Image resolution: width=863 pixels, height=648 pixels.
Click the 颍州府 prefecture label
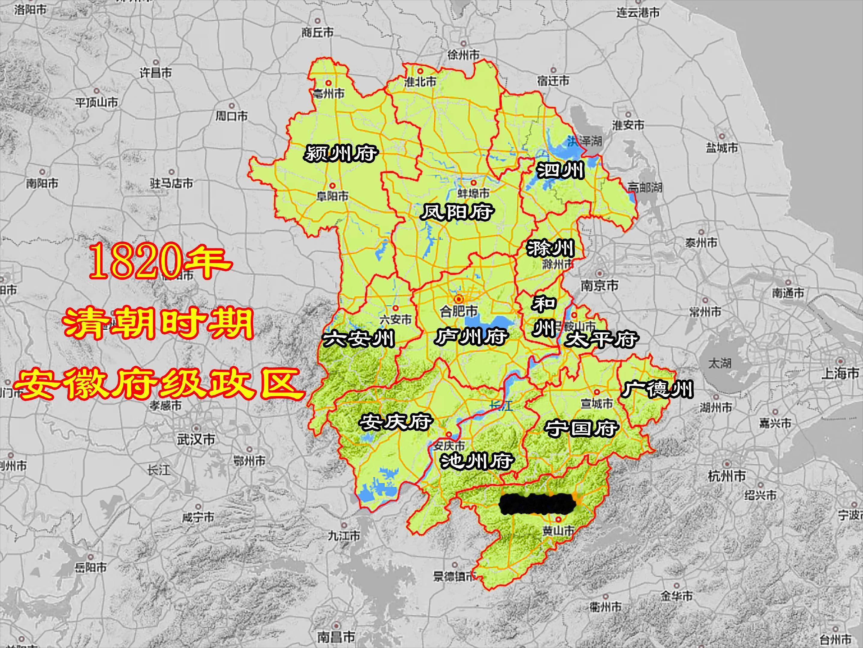click(x=340, y=153)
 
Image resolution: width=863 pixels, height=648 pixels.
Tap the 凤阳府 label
click(x=457, y=212)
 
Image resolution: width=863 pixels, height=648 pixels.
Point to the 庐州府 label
click(x=471, y=337)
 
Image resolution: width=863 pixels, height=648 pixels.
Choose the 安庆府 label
click(x=395, y=421)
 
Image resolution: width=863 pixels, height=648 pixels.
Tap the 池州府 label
click(x=477, y=461)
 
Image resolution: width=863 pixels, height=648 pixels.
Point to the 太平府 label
click(x=602, y=340)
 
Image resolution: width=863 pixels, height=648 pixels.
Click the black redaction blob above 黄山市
click(x=538, y=504)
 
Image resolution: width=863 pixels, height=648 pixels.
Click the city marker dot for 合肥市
click(x=459, y=299)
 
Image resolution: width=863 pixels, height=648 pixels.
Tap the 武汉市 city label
click(x=196, y=439)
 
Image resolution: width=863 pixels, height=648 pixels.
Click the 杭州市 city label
click(x=727, y=476)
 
